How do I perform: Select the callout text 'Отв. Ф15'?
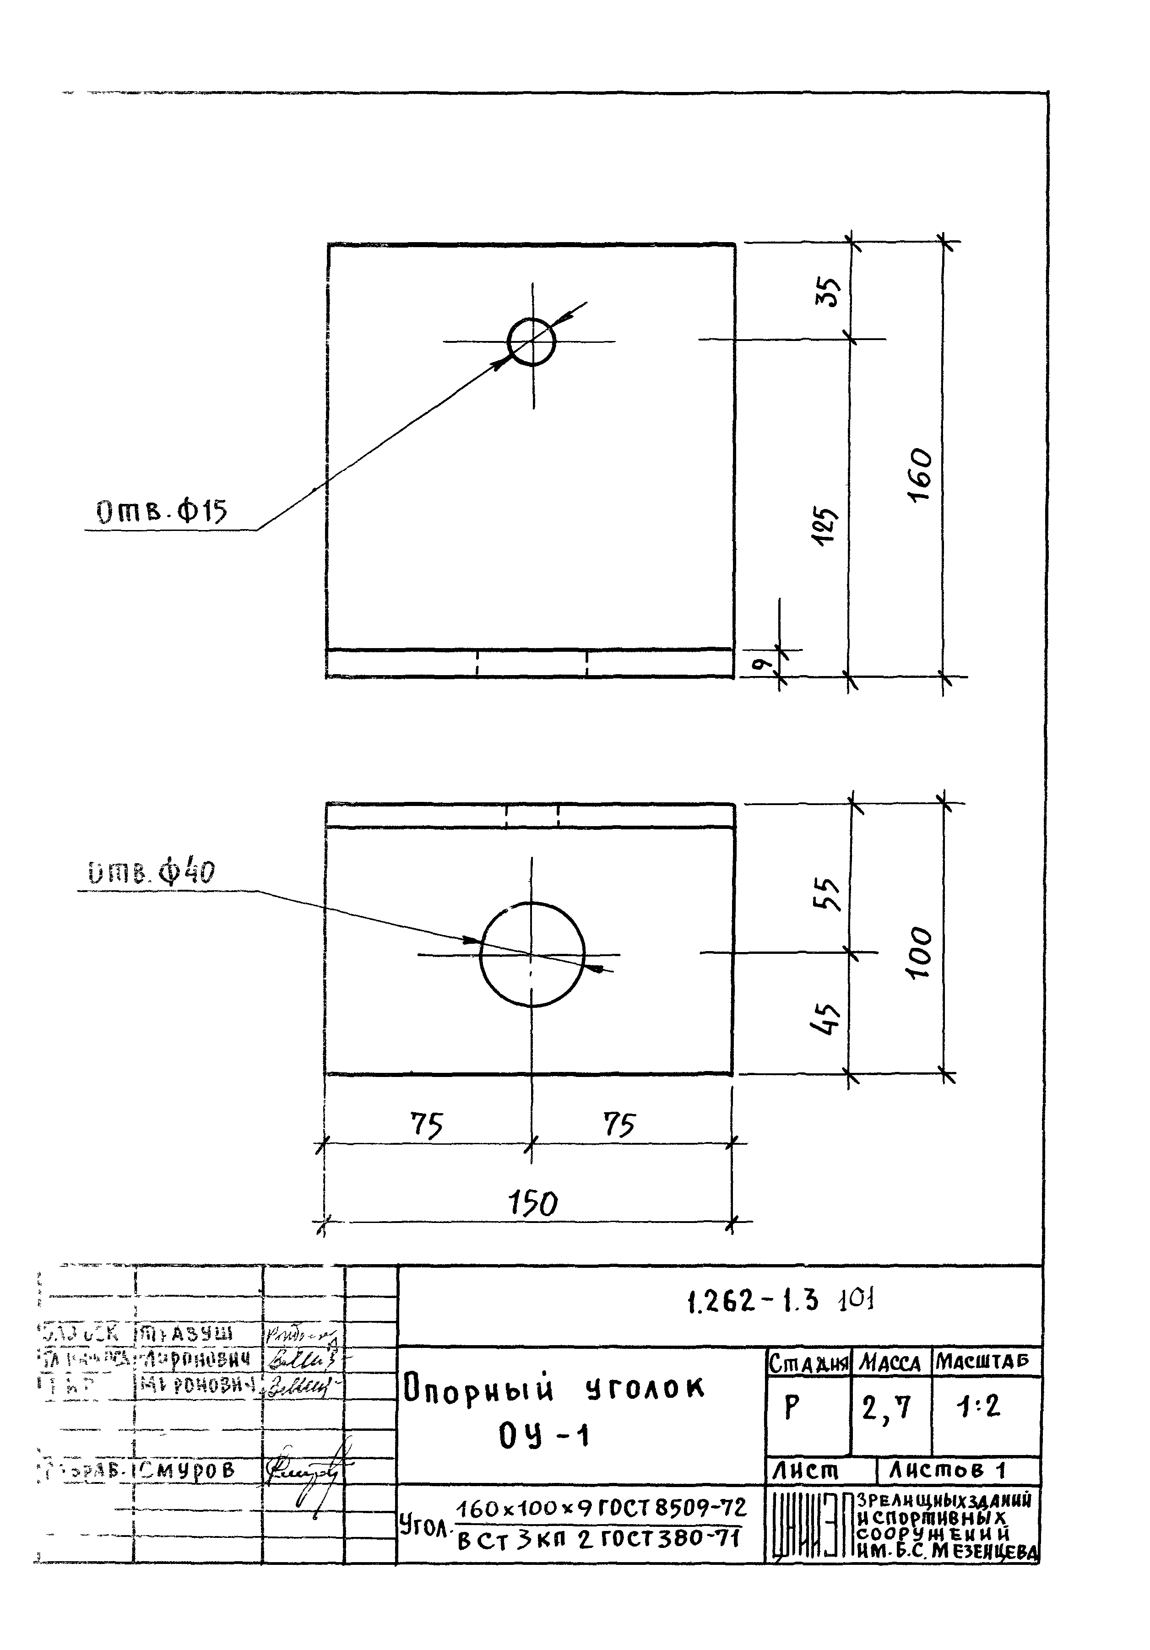click(x=162, y=512)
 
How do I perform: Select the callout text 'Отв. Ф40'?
click(x=152, y=873)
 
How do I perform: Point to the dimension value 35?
click(x=828, y=292)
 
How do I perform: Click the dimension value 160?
click(x=921, y=476)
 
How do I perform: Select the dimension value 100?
click(x=921, y=952)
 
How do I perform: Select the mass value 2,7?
click(x=886, y=1408)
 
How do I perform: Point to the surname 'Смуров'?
click(x=188, y=1470)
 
